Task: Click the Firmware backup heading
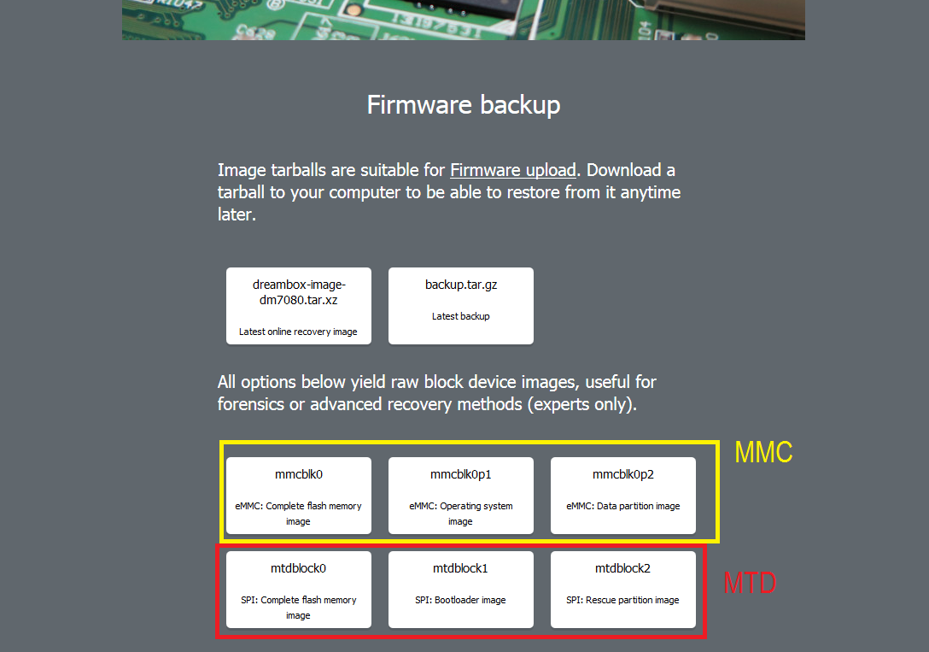464,105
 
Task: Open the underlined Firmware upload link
513,170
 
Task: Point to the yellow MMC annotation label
764,453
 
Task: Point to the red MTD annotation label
751,584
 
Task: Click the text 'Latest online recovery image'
299,332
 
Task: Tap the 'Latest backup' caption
461,316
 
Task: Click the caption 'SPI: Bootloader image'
461,600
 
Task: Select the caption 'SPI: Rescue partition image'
623,600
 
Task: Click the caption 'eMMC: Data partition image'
623,506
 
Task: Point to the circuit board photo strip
464,19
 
